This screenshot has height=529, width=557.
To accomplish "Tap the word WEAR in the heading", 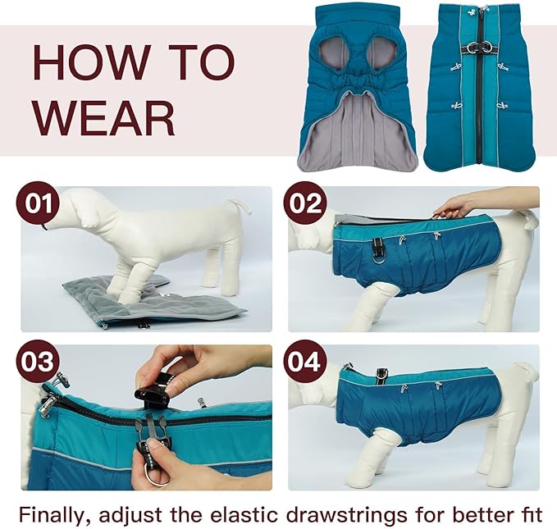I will point(104,117).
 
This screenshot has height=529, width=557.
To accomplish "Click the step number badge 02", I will point(304,203).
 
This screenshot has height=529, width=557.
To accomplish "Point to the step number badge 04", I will point(304,362).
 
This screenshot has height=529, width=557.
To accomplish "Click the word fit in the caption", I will point(528,514).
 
